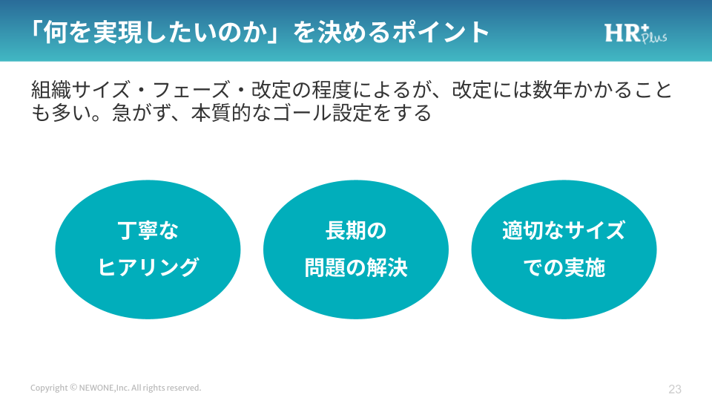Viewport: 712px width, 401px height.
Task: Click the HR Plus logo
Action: tap(636, 33)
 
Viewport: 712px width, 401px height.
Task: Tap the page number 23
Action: tap(675, 389)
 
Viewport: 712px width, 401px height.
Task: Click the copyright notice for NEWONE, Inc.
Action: tap(116, 388)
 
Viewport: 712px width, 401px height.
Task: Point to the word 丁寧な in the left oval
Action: tap(148, 230)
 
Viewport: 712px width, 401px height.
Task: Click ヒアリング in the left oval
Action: tap(148, 267)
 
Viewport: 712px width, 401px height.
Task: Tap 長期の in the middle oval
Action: tap(356, 230)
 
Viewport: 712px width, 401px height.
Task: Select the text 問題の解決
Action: tap(356, 267)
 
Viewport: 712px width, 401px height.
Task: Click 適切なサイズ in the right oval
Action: tap(564, 230)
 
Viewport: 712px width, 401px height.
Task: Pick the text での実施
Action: tap(564, 267)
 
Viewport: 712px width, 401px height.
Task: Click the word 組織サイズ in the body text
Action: tap(81, 90)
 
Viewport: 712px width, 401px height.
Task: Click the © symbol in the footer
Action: tap(73, 388)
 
